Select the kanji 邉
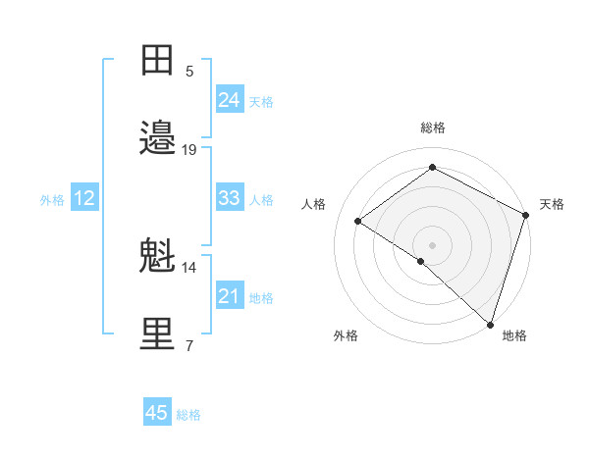[x=158, y=138]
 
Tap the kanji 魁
[x=158, y=256]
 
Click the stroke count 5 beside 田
[x=189, y=71]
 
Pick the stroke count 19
[x=189, y=149]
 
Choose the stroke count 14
[x=189, y=267]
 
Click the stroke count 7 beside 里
[x=189, y=345]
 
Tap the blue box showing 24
[x=229, y=99]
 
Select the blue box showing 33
[x=229, y=198]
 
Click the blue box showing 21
[x=229, y=296]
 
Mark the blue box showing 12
[x=84, y=198]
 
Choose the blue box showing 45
[x=157, y=413]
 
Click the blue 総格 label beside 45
[x=188, y=415]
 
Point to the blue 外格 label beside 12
[x=52, y=200]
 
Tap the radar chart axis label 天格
[x=552, y=204]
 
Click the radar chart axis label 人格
[x=313, y=204]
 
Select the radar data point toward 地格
[x=490, y=324]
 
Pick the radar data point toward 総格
[x=432, y=167]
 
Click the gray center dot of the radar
[x=432, y=243]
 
